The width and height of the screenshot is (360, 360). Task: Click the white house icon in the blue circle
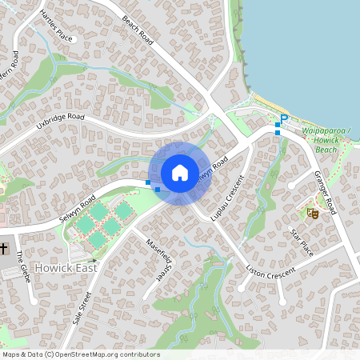click(180, 172)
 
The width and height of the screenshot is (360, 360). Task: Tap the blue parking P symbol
click(283, 118)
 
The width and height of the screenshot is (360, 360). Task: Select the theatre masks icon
click(313, 213)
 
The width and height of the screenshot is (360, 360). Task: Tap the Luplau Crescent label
click(228, 198)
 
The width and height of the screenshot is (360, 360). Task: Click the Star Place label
click(302, 242)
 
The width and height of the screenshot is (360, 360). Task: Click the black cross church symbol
click(5, 248)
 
